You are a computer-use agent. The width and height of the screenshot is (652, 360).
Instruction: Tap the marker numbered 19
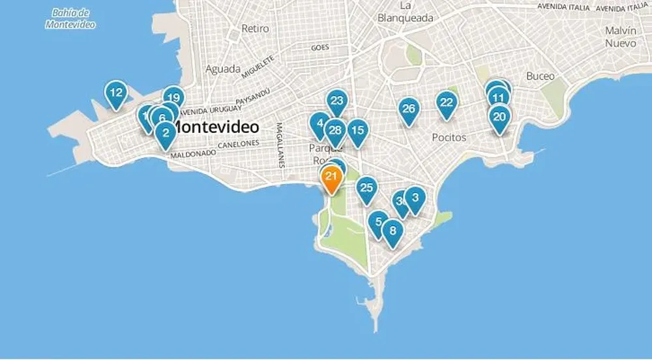click(x=173, y=97)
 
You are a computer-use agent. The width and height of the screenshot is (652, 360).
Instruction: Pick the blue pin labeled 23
click(x=336, y=101)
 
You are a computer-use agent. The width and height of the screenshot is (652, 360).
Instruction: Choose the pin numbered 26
click(x=409, y=109)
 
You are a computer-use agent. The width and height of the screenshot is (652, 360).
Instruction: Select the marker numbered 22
click(x=447, y=103)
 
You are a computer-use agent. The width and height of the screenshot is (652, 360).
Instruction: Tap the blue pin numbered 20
click(x=499, y=118)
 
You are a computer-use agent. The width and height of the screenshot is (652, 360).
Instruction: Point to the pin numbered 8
click(x=393, y=231)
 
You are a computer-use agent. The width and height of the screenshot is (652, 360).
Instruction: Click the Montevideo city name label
click(x=218, y=126)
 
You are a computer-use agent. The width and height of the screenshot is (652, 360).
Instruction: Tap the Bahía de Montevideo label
click(x=70, y=19)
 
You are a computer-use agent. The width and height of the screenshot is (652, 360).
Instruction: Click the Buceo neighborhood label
click(x=541, y=76)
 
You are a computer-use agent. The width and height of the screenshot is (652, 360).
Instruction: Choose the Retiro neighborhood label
click(x=255, y=29)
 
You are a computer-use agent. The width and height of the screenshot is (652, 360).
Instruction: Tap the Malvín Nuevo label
click(x=619, y=37)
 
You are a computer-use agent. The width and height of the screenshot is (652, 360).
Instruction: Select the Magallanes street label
click(x=280, y=145)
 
